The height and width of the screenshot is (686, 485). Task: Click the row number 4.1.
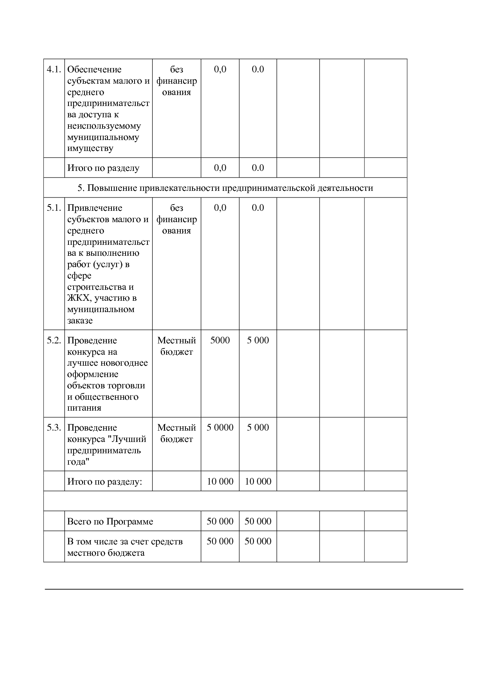[54, 70]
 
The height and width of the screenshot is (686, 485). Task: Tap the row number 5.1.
[54, 208]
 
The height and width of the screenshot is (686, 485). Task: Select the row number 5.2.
[54, 340]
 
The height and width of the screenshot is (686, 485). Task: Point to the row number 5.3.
[54, 427]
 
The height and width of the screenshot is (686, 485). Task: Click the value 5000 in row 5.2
[220, 340]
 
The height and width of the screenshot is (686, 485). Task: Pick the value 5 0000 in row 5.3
[220, 427]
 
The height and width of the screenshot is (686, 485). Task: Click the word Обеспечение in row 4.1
[94, 70]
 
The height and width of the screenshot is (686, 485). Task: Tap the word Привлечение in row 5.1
[95, 208]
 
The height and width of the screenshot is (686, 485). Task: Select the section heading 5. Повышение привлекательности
[225, 188]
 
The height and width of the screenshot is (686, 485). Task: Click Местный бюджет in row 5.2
[176, 346]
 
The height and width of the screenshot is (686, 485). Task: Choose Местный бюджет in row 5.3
[176, 433]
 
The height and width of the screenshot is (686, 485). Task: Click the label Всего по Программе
[110, 522]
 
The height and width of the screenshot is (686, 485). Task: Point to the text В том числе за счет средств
[125, 542]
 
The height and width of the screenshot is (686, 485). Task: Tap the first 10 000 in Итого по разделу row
[220, 481]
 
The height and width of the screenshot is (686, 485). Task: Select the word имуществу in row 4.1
[90, 149]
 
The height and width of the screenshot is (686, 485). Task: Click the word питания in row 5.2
[84, 408]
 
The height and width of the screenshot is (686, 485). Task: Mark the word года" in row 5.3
[78, 462]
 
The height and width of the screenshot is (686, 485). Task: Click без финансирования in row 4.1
[176, 81]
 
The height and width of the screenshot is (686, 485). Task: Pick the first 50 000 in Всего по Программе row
[220, 522]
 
